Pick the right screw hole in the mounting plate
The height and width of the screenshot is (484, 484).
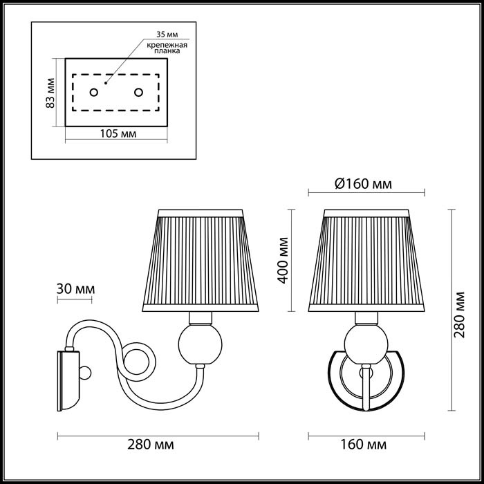(138, 92)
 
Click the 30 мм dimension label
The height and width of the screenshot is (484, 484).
(75, 288)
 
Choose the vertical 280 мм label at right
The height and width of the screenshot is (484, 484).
(458, 313)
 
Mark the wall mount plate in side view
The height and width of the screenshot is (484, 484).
(67, 380)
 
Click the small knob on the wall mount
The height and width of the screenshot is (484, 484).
(85, 373)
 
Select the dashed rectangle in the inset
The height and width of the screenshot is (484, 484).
(115, 91)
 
